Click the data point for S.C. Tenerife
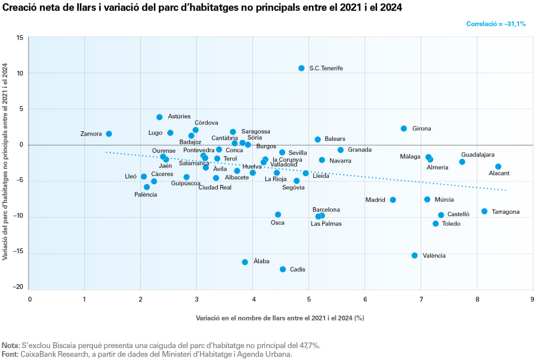point(301,68)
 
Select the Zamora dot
point(109,134)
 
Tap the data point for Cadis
point(283,269)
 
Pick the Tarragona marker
point(484,211)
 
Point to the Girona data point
point(403,128)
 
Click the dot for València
point(415,256)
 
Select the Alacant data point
point(498,167)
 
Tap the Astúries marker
point(159,117)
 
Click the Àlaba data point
point(245,262)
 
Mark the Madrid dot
point(393,200)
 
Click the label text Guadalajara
point(477,155)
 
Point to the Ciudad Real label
point(215,187)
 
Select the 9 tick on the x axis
point(532,298)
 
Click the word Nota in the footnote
point(10,345)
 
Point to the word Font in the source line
point(10,354)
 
